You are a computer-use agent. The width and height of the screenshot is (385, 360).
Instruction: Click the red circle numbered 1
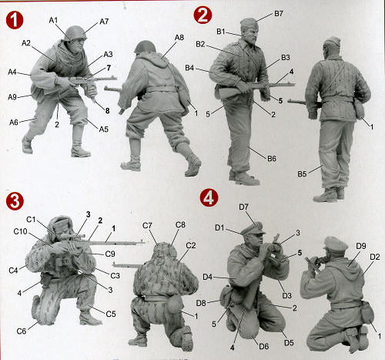click(15, 20)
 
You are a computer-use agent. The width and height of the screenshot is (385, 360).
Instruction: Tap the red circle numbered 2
click(203, 15)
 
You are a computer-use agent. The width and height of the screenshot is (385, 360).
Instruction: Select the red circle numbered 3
click(15, 201)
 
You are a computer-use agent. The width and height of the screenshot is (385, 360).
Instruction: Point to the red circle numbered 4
click(209, 198)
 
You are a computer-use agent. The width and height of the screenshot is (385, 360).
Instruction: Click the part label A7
click(104, 22)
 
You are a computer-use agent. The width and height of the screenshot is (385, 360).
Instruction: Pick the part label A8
click(179, 38)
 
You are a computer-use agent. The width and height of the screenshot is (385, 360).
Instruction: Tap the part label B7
click(279, 13)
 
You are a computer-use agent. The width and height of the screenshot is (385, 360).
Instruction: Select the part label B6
click(272, 159)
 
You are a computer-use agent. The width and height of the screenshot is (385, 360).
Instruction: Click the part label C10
click(20, 231)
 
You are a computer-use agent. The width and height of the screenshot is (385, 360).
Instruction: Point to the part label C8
click(180, 225)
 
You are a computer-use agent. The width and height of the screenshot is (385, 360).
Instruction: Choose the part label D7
click(243, 207)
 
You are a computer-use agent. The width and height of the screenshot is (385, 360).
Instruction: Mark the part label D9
click(361, 246)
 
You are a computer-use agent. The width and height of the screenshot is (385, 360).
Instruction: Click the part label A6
click(14, 123)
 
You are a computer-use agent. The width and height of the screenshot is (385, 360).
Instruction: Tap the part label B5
click(302, 174)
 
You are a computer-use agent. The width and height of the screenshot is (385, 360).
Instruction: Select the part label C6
click(22, 331)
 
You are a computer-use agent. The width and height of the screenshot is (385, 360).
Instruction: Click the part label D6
click(264, 346)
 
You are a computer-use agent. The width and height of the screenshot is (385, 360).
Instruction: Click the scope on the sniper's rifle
click(72, 237)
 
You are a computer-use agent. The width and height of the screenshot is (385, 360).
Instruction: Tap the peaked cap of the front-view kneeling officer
click(253, 229)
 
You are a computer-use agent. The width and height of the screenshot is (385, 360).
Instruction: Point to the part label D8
click(201, 303)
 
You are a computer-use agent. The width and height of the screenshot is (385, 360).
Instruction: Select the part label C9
click(110, 254)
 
